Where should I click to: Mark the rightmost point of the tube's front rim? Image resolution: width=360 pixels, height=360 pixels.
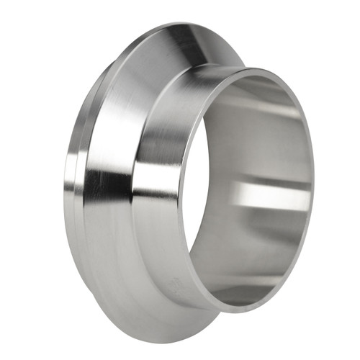tap(313, 180)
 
